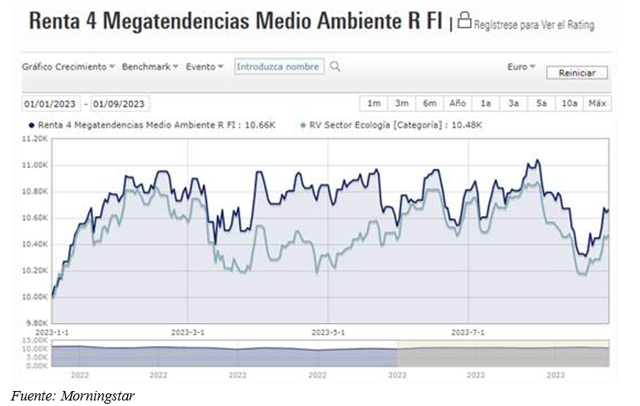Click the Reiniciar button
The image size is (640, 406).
click(x=577, y=73)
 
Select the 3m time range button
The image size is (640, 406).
click(x=402, y=103)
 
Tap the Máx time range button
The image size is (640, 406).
click(x=597, y=103)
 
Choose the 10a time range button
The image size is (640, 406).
click(x=569, y=103)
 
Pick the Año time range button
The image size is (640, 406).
click(x=458, y=103)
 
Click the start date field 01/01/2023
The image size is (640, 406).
click(x=51, y=103)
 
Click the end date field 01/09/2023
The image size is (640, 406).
click(x=119, y=103)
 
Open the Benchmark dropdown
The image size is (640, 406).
click(x=150, y=67)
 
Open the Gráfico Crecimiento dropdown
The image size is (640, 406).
click(x=68, y=67)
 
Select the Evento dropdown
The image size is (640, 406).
click(x=204, y=67)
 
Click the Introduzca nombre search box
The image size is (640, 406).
click(x=279, y=67)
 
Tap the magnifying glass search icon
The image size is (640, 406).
click(x=335, y=67)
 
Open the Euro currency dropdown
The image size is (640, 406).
click(x=521, y=67)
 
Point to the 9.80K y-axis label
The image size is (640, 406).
click(x=36, y=323)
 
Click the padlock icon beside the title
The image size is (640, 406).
click(x=464, y=21)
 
